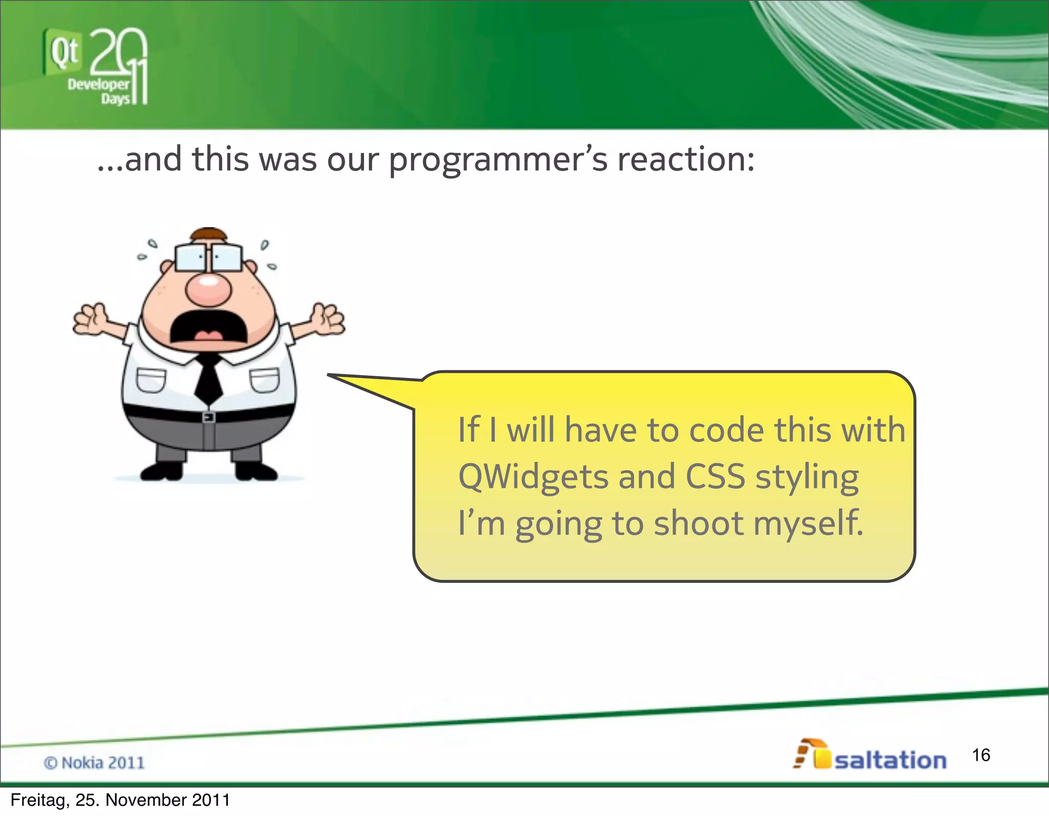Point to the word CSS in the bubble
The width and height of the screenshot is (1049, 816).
[x=715, y=476]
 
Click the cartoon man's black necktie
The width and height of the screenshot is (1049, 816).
[x=208, y=379]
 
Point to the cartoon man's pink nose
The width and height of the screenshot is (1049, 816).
[x=208, y=288]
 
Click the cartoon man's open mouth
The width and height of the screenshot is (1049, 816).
[x=208, y=328]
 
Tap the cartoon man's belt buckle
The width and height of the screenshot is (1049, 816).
[x=208, y=417]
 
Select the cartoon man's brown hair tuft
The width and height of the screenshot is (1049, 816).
[x=208, y=235]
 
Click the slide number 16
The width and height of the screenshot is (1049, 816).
[x=981, y=755]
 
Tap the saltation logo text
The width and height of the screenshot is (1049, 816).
[x=890, y=760]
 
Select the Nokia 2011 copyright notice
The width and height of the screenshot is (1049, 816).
[x=94, y=763]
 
